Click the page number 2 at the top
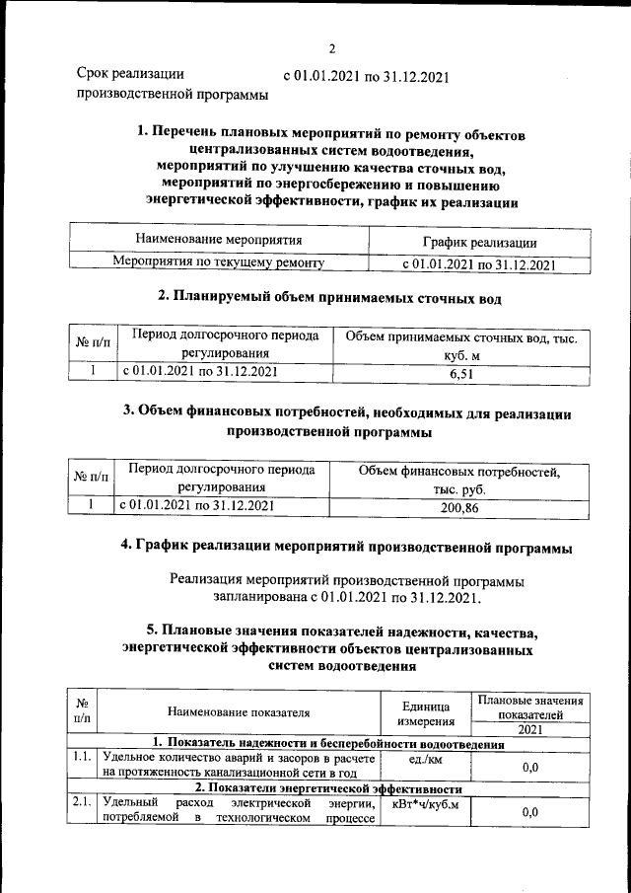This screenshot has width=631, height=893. (332, 48)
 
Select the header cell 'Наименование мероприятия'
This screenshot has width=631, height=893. (219, 240)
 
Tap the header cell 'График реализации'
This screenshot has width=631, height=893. (480, 242)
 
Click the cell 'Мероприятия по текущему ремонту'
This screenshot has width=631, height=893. (219, 263)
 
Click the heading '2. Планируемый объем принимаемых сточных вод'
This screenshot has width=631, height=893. (330, 296)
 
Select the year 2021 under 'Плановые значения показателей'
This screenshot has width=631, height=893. (528, 729)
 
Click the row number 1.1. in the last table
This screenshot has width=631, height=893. (82, 758)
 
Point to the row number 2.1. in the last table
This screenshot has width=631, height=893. (82, 804)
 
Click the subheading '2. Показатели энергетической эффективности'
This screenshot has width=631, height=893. (327, 788)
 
